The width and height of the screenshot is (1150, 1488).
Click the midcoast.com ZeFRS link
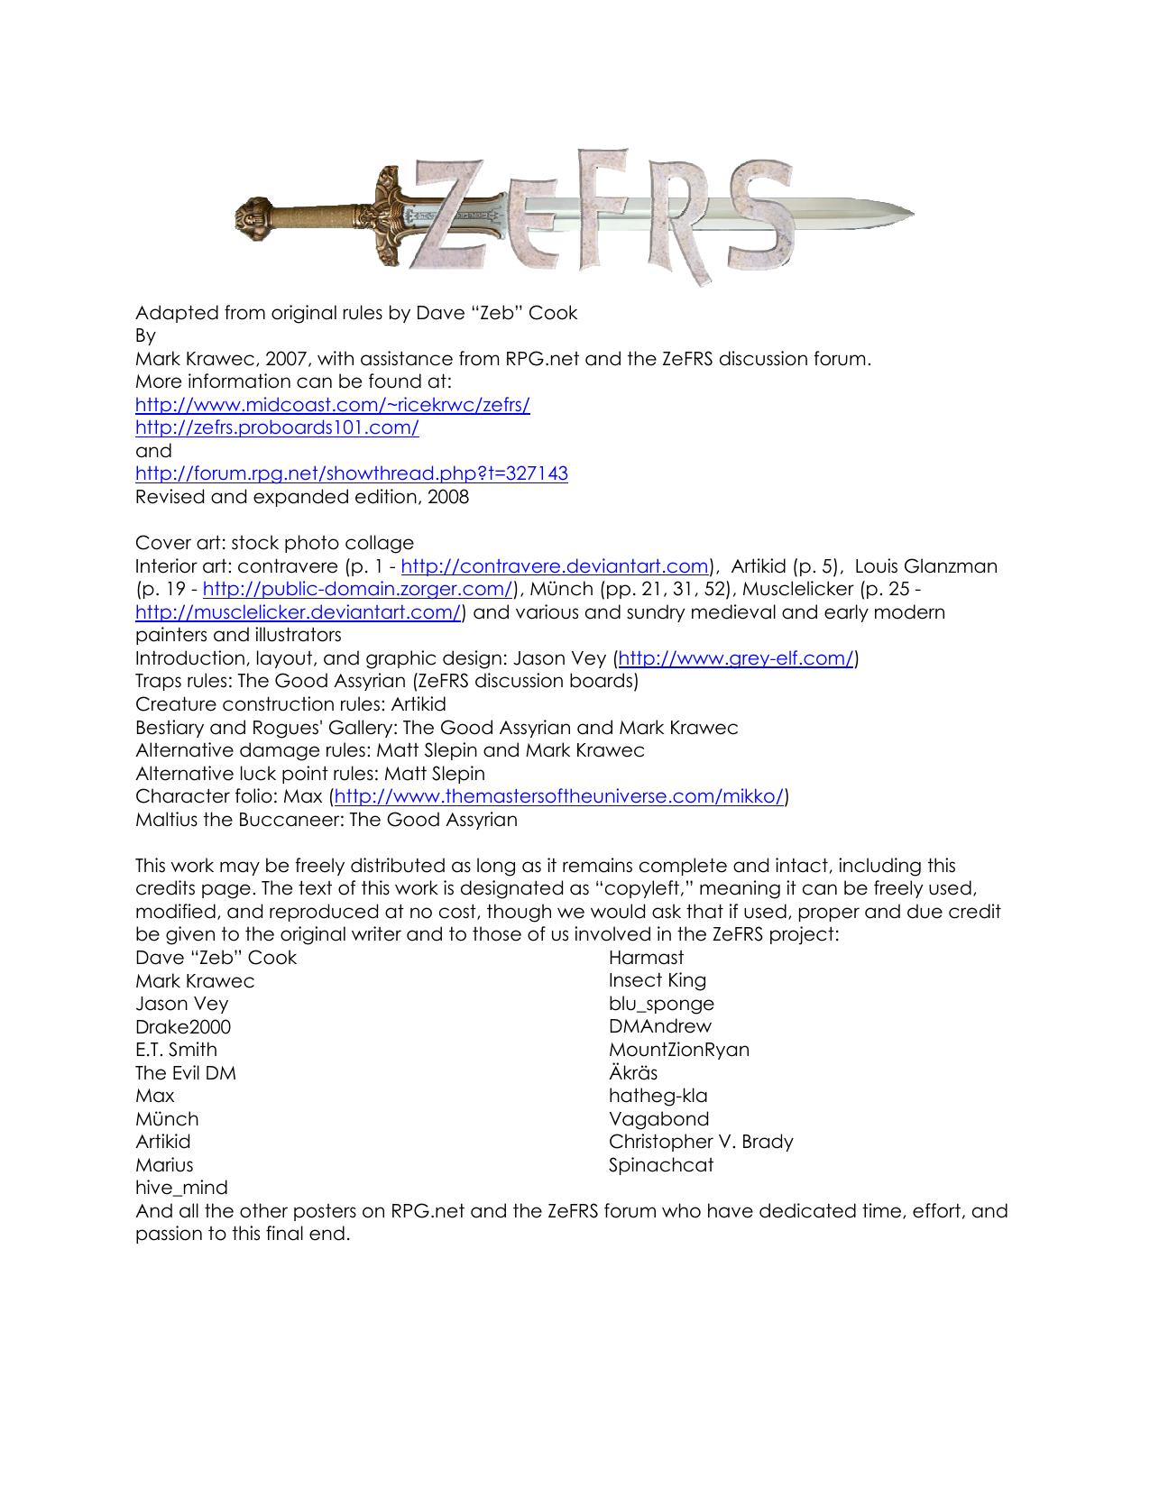pyautogui.click(x=332, y=405)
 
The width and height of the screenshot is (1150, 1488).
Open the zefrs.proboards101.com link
pyautogui.click(x=277, y=427)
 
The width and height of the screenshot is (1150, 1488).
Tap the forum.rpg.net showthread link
pyautogui.click(x=351, y=473)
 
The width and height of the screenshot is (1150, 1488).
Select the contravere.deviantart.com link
pyautogui.click(x=555, y=566)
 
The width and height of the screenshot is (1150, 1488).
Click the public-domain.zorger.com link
pyautogui.click(x=358, y=590)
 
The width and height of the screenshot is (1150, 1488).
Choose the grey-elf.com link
pyautogui.click(x=735, y=658)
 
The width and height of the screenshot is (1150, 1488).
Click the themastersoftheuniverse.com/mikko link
pyautogui.click(x=559, y=796)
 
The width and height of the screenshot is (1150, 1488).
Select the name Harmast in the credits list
pyautogui.click(x=646, y=958)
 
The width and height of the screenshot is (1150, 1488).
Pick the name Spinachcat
pyautogui.click(x=660, y=1165)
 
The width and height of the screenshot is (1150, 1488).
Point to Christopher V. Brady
pyautogui.click(x=701, y=1142)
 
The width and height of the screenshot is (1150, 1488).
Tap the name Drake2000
pyautogui.click(x=183, y=1027)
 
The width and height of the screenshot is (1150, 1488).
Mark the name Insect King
pyautogui.click(x=657, y=980)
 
